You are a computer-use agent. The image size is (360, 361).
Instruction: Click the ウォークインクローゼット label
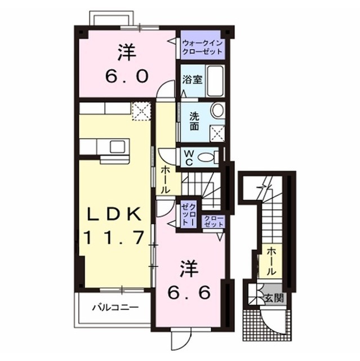point(202,47)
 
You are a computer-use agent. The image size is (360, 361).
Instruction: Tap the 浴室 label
point(192,80)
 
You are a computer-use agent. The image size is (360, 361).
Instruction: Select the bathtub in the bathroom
point(215,81)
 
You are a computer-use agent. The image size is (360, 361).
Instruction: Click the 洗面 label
point(194,122)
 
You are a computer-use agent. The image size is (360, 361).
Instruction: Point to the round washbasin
point(218,110)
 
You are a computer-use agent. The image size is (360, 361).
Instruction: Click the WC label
point(189,158)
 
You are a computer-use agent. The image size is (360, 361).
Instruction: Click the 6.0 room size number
point(126,77)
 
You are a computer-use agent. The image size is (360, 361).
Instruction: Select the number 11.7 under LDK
point(114,237)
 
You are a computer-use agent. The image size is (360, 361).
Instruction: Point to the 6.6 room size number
point(189,293)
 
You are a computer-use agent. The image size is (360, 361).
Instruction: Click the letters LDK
point(114,215)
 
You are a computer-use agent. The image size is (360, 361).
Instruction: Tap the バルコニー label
point(115,307)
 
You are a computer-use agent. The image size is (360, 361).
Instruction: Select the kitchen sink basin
point(118,147)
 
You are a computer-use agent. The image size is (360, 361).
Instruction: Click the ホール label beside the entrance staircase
point(272,261)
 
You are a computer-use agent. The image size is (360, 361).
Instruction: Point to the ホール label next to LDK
point(165,180)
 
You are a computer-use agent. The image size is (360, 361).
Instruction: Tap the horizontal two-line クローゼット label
point(214,221)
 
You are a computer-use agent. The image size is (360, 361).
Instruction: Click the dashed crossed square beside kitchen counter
point(141,112)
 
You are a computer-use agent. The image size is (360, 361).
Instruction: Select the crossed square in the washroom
point(217,134)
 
